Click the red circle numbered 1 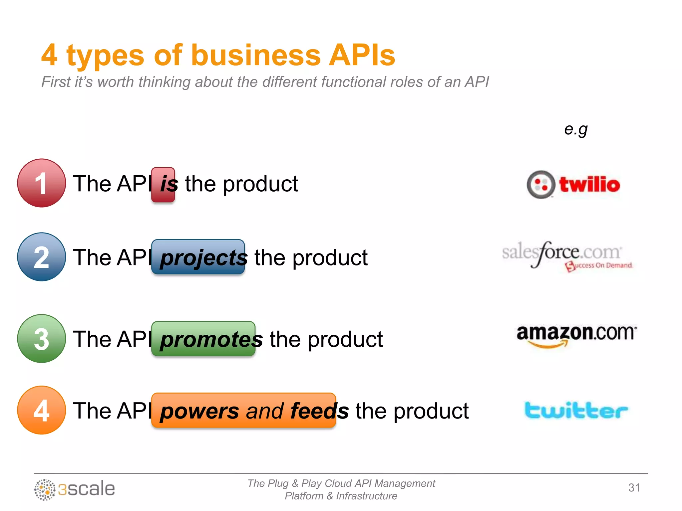tap(41, 183)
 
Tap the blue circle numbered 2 tap(41, 257)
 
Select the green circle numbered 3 tap(41, 338)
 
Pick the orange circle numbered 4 tap(41, 410)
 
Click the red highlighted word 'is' tap(163, 185)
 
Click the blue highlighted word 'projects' tap(198, 257)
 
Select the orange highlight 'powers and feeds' tap(243, 410)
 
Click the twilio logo tap(573, 185)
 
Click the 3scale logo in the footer tap(75, 489)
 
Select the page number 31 tap(634, 488)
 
